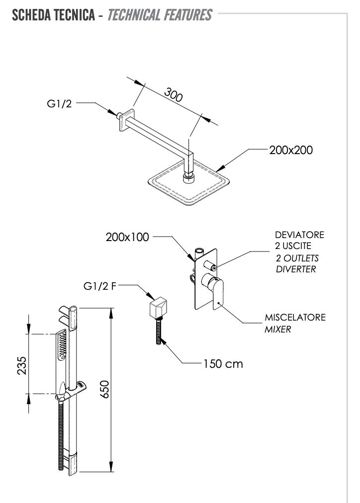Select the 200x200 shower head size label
pos(291,150)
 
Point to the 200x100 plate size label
pos(127,237)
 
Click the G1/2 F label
pos(99,287)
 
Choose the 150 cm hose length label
pos(222,364)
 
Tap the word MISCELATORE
pos(295,318)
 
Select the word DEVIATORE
pos(299,236)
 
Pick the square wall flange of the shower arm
pos(127,121)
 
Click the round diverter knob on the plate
pos(213,267)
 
